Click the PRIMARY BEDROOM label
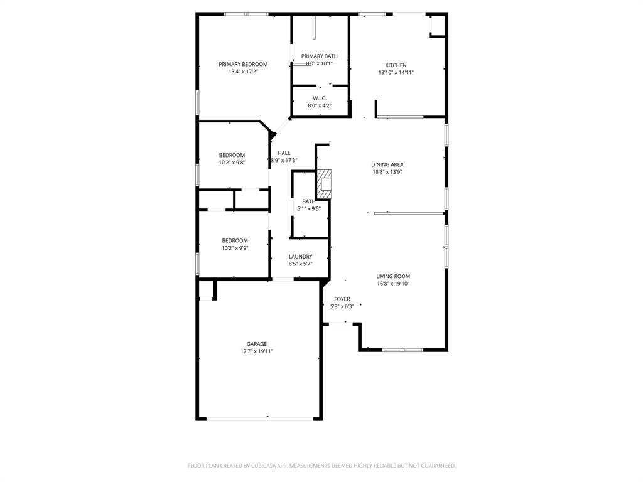243,64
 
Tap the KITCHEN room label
396,65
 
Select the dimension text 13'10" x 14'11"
396,73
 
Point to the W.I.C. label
320,98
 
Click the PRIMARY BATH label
319,56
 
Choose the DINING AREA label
387,164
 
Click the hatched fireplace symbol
323,184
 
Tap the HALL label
284,153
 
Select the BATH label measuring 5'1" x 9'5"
308,201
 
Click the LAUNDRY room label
300,257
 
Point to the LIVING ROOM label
393,276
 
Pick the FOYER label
342,299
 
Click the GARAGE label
256,344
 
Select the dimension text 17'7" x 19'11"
256,351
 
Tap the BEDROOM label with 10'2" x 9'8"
232,155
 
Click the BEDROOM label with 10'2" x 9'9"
234,240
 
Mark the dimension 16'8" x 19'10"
393,284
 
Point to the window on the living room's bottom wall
403,350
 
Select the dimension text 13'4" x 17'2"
243,72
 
